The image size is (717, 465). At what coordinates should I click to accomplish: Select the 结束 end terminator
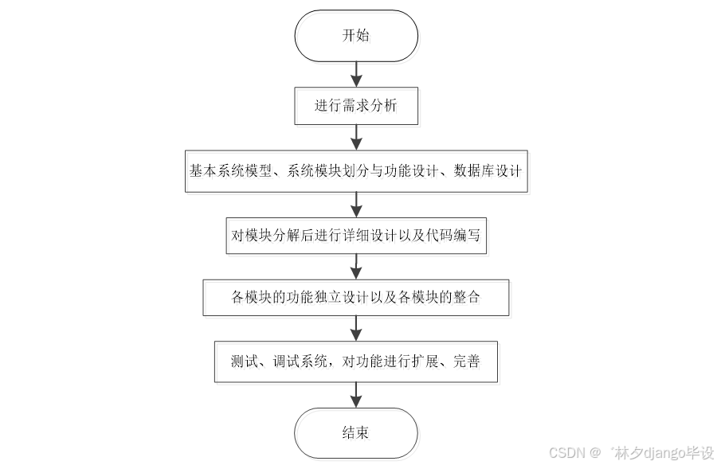click(356, 433)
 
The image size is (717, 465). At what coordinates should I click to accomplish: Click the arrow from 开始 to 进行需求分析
click(356, 72)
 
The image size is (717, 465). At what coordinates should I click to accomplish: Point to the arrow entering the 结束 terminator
click(356, 395)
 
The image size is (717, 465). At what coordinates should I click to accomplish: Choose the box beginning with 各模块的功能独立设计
click(356, 298)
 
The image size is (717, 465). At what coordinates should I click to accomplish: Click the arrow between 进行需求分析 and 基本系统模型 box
click(356, 138)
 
